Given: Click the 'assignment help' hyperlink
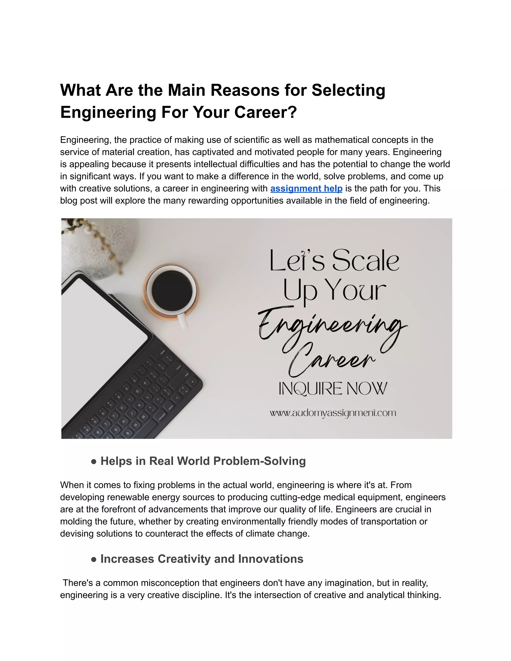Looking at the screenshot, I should tap(306, 189).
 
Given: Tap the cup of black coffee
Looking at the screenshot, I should tap(172, 290).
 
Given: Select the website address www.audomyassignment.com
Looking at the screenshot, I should tap(333, 413).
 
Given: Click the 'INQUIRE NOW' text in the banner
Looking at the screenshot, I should tap(333, 389).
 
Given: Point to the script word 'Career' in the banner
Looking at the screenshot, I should tap(332, 360).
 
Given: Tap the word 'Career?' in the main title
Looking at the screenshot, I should tap(265, 112).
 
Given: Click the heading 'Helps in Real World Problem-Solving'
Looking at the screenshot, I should tap(203, 461).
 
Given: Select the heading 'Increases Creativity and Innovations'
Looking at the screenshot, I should tap(202, 559).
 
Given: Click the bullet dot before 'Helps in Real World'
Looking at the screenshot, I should tap(94, 462).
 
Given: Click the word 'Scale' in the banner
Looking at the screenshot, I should tap(366, 261).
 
